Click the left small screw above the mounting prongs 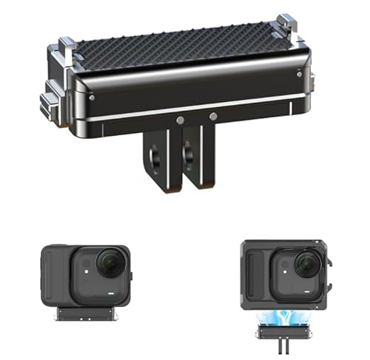point(180,118)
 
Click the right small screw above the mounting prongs point(213,116)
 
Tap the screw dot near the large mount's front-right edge point(298,74)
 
